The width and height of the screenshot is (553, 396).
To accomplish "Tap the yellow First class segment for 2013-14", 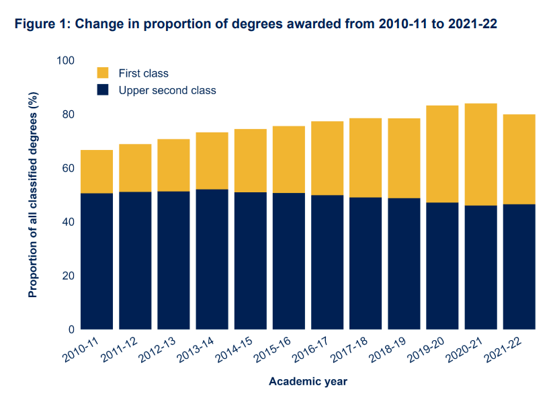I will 212,161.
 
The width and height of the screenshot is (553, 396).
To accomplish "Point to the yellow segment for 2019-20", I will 442,154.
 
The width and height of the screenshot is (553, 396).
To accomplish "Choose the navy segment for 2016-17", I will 327,262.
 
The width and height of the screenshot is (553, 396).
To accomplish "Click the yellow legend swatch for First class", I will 103,73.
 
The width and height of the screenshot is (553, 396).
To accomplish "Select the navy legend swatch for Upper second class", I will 103,89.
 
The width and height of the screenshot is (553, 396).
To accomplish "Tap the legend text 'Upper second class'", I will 167,90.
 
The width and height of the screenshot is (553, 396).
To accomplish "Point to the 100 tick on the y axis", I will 66,61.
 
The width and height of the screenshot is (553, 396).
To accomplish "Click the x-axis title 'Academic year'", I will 308,381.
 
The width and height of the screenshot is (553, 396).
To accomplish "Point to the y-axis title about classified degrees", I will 33,195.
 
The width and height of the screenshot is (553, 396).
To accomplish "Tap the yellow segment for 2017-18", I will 365,157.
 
